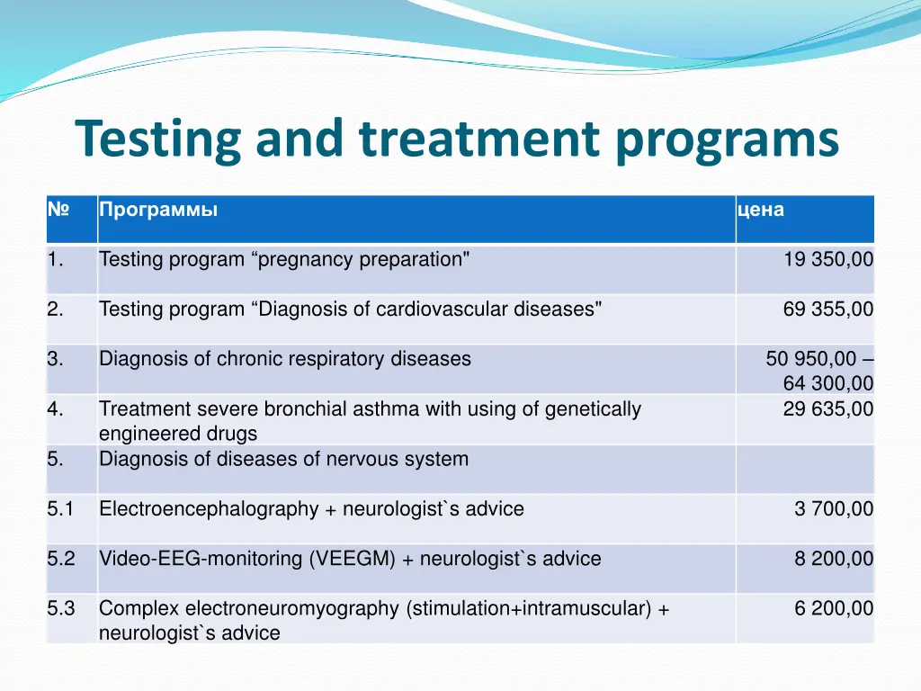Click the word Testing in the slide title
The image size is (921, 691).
coord(157,139)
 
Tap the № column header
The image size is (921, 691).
coord(58,210)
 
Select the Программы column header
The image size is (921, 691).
coord(158,210)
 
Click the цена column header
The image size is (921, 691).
coord(760,210)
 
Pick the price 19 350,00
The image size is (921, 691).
coord(827,260)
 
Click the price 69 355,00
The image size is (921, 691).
coord(827,310)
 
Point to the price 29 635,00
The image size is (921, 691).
coord(827,409)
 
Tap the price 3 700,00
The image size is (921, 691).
coord(833,509)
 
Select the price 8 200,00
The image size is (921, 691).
coord(833,559)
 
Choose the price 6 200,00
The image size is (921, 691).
coord(833,608)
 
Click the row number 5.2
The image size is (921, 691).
coord(61,559)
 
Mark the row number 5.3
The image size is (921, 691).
coord(61,608)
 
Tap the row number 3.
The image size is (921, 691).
coord(56,359)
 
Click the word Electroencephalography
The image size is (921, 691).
coord(209,509)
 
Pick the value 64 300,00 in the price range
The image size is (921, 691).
coord(827,383)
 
